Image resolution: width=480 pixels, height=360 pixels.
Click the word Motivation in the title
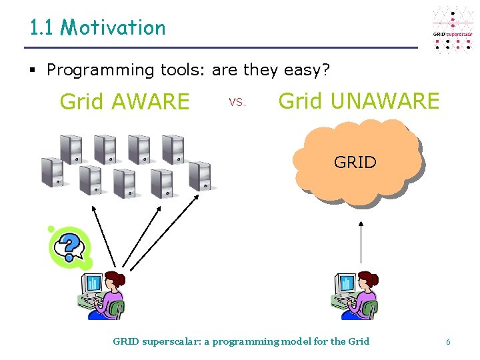click(x=113, y=27)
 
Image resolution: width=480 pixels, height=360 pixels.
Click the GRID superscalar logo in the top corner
click(x=453, y=30)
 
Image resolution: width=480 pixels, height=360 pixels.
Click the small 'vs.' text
click(x=237, y=103)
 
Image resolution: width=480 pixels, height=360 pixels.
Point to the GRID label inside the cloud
click(x=355, y=162)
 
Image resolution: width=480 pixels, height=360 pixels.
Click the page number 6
click(x=448, y=342)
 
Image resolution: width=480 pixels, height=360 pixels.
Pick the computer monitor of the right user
click(x=345, y=285)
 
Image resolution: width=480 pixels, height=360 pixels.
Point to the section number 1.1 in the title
click(x=41, y=27)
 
